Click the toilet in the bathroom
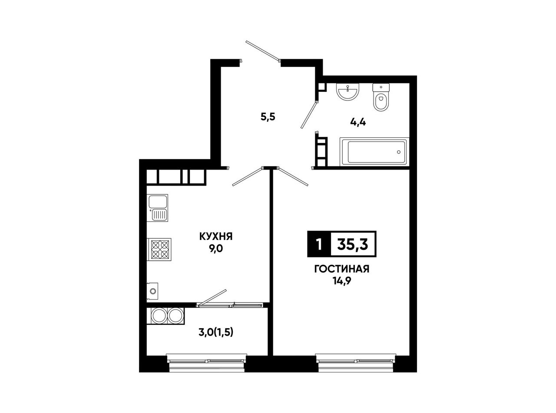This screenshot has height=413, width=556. pyautogui.click(x=381, y=97)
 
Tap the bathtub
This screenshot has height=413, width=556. pyautogui.click(x=374, y=152)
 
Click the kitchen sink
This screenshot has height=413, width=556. pyautogui.click(x=157, y=208)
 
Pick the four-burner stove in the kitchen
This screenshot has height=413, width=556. pyautogui.click(x=159, y=250)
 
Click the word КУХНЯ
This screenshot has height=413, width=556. pyautogui.click(x=216, y=236)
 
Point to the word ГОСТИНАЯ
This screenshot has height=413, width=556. pyautogui.click(x=342, y=269)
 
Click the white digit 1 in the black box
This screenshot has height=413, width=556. pyautogui.click(x=319, y=244)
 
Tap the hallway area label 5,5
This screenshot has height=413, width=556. pyautogui.click(x=268, y=117)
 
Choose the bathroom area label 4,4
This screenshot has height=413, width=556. pyautogui.click(x=358, y=123)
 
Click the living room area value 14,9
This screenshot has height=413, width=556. pyautogui.click(x=342, y=281)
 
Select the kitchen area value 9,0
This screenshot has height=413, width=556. pyautogui.click(x=216, y=249)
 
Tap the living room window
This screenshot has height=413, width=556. pyautogui.click(x=356, y=362)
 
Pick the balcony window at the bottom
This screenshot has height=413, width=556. pyautogui.click(x=207, y=362)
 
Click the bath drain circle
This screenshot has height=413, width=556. pyautogui.click(x=399, y=152)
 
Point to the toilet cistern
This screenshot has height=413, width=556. pyautogui.click(x=381, y=87)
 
